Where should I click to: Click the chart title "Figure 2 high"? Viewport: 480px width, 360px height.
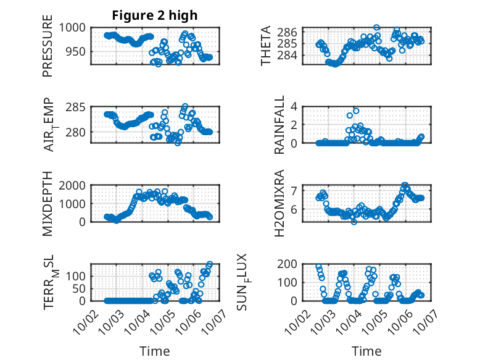point(155,15)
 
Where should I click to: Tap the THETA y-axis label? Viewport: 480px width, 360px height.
point(266,46)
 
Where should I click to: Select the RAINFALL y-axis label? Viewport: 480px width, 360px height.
point(279,125)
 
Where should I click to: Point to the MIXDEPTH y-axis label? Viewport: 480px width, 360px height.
point(48,203)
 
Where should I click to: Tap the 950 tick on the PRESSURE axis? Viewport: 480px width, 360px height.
point(78,52)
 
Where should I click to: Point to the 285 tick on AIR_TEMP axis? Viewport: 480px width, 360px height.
point(78,107)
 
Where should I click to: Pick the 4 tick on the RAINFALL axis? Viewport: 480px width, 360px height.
point(295,107)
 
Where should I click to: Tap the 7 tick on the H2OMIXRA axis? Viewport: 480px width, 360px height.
point(295,190)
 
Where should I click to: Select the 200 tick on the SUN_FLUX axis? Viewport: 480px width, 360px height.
point(291,264)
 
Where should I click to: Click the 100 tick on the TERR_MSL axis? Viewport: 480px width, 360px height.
point(78,276)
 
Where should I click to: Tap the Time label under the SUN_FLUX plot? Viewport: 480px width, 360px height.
point(366,351)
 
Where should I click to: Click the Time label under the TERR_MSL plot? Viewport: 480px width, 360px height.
point(155,351)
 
